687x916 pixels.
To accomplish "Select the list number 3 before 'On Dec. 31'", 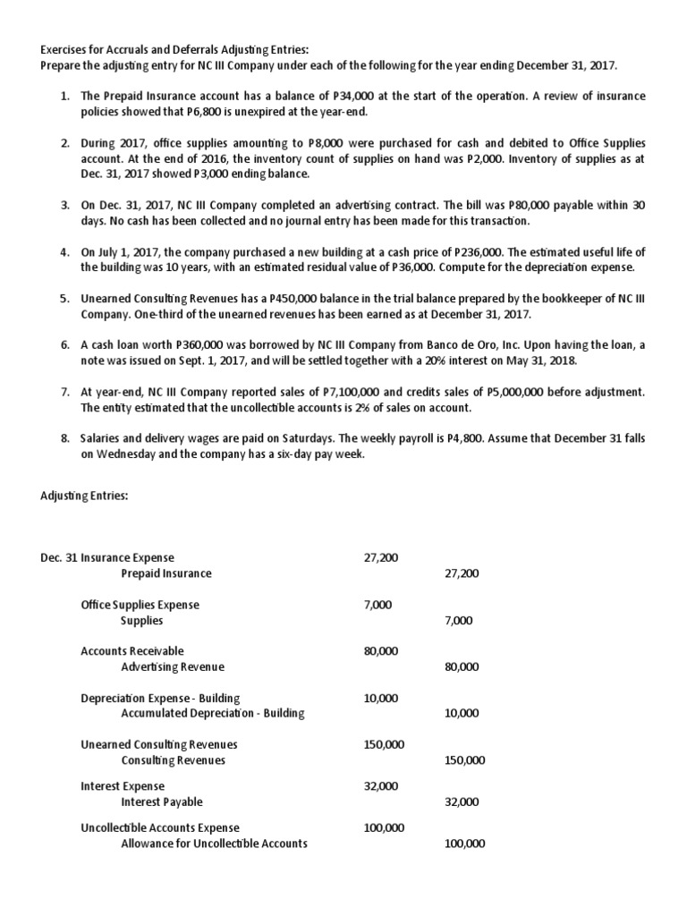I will pyautogui.click(x=65, y=205).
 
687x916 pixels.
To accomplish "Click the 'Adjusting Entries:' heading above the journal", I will pyautogui.click(x=84, y=496).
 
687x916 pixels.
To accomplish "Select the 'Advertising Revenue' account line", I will pyautogui.click(x=173, y=666).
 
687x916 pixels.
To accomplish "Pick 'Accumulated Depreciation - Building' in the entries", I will pyautogui.click(x=213, y=713).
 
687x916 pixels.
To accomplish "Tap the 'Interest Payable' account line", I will pyautogui.click(x=162, y=801).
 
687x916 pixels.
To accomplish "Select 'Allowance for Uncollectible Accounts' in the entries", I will pyautogui.click(x=214, y=843).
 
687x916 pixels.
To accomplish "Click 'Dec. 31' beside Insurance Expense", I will pyautogui.click(x=59, y=557).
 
